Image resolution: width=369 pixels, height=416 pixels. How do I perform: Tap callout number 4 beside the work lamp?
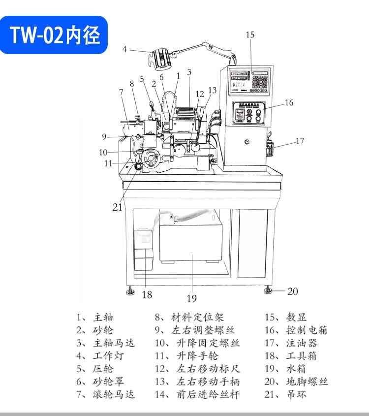tap(125, 49)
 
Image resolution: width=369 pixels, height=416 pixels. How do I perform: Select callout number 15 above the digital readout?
tap(250, 34)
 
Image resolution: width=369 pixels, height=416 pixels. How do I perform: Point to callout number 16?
tap(289, 102)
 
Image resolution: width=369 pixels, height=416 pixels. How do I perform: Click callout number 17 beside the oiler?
tap(300, 141)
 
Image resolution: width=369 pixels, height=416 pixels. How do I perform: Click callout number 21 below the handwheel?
tap(117, 207)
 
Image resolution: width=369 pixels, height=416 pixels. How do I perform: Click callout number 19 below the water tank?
tap(191, 298)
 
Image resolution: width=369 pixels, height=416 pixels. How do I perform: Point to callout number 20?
tap(292, 291)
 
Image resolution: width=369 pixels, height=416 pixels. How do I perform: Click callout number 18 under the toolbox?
tap(147, 295)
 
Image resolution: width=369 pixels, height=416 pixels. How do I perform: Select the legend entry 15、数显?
tap(285, 318)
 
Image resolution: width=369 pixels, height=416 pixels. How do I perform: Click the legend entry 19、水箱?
tap(285, 369)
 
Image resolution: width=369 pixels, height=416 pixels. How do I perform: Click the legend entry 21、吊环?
tap(285, 394)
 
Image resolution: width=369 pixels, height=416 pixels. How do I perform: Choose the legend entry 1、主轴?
tap(92, 318)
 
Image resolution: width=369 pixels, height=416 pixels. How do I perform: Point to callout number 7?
tap(121, 92)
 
